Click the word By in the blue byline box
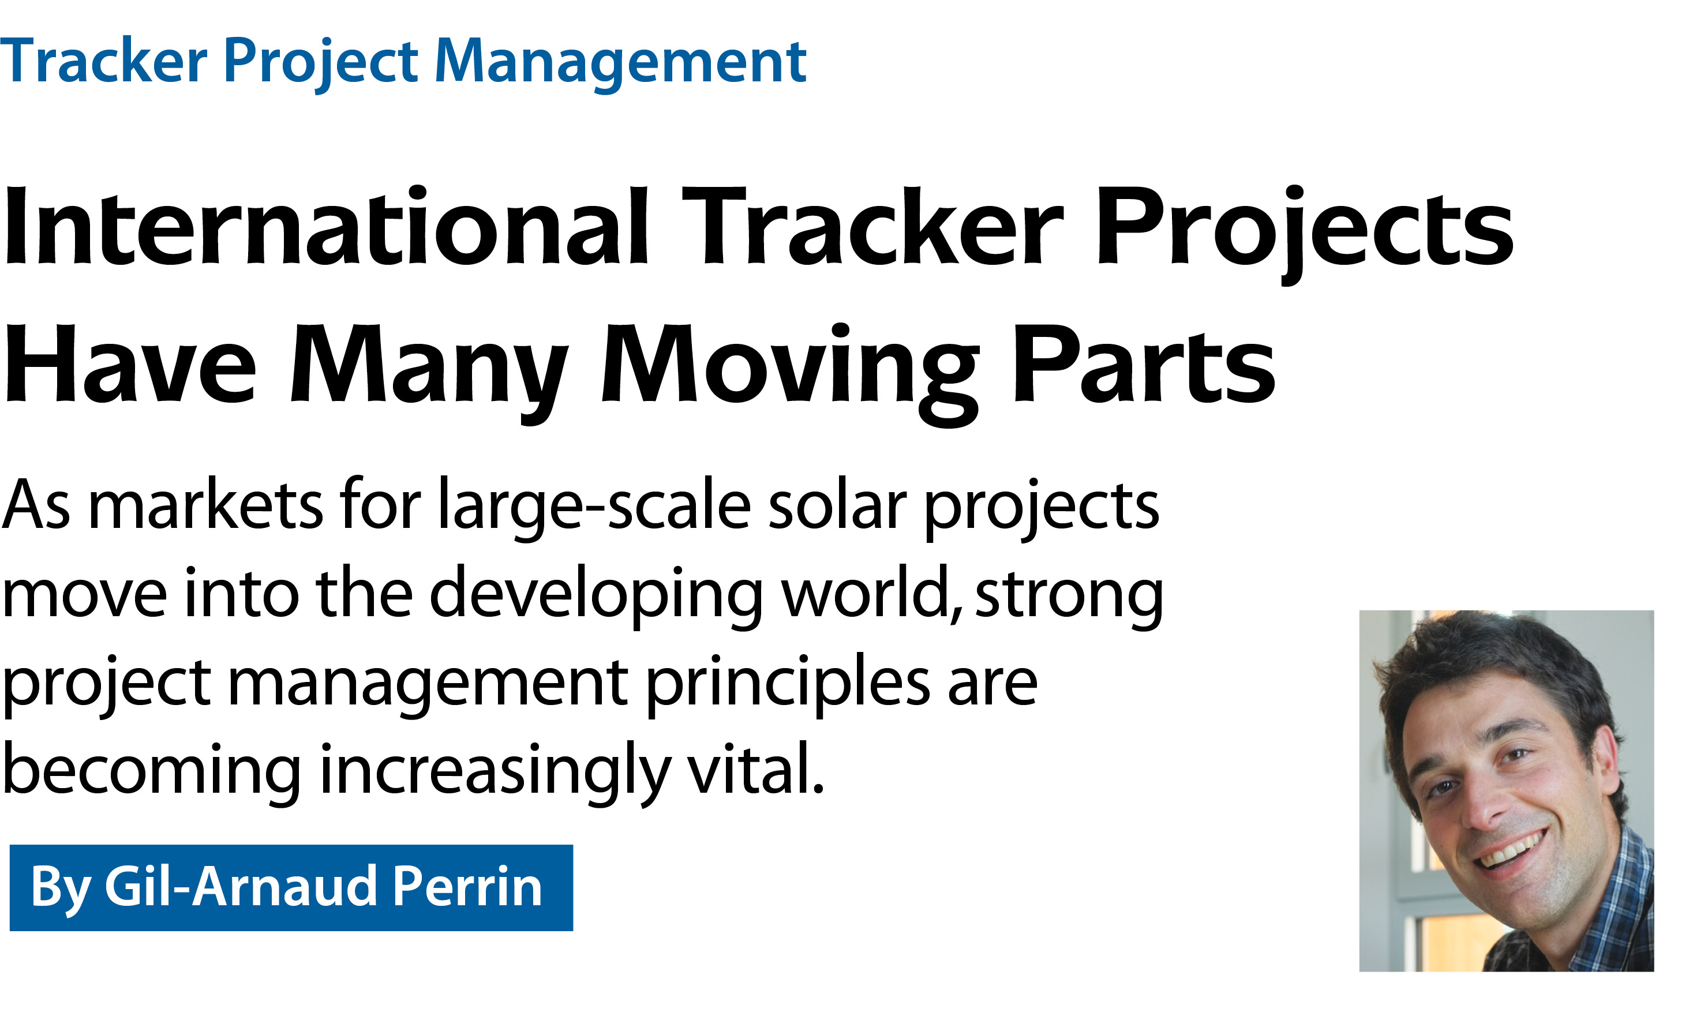[x=61, y=890]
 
